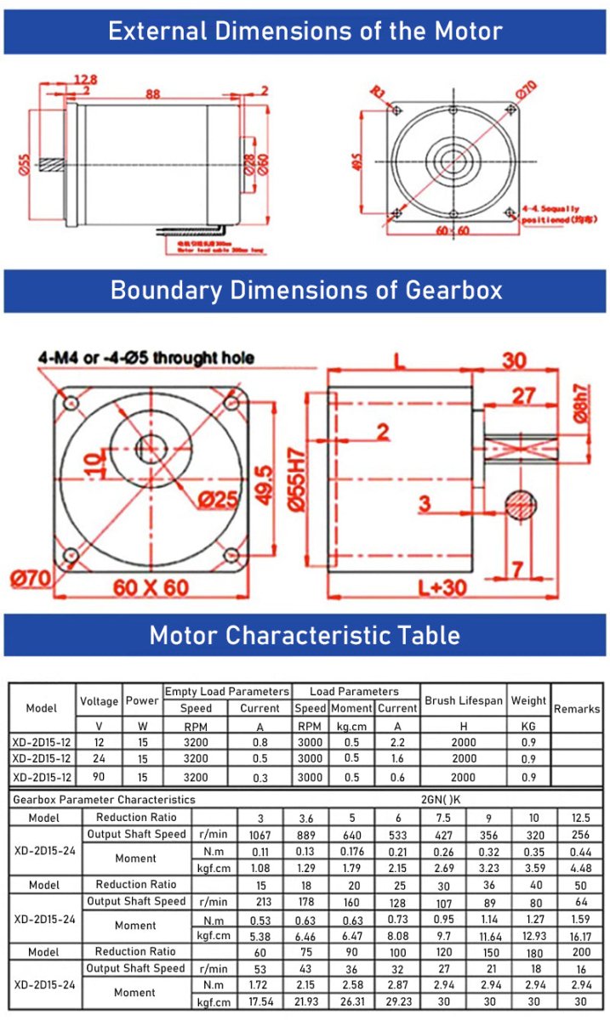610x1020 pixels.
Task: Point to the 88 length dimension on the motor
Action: [x=153, y=95]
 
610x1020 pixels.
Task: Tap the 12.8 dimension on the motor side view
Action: [x=85, y=80]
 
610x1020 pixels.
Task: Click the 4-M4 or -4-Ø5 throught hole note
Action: [x=145, y=358]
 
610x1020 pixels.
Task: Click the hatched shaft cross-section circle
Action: [x=520, y=504]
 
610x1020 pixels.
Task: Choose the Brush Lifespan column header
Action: [x=464, y=701]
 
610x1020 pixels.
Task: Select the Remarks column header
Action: [x=577, y=708]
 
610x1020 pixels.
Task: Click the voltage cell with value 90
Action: [x=99, y=777]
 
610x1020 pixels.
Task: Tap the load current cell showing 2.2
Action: [x=397, y=742]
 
